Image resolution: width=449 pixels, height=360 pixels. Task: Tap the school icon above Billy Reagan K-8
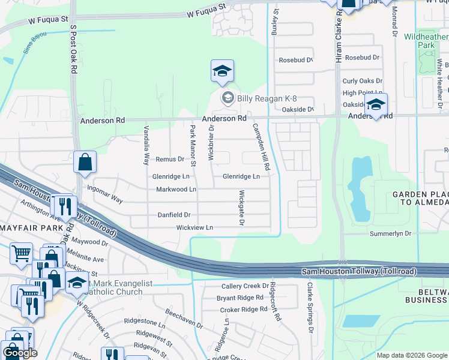[x=222, y=72]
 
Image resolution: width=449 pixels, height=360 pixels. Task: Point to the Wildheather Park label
[x=427, y=41]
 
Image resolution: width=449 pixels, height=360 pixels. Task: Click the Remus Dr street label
[x=170, y=159]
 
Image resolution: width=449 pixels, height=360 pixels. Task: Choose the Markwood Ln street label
[x=176, y=189]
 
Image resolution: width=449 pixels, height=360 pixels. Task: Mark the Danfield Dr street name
[x=173, y=214]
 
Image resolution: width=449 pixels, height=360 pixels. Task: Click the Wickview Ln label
[x=194, y=228]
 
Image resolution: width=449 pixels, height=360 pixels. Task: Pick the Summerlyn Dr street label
[x=390, y=233]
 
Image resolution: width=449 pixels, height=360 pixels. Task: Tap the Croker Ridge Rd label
[x=244, y=309]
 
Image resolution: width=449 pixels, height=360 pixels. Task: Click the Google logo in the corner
[x=20, y=353]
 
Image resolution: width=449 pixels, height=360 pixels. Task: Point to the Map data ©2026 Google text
[x=412, y=355]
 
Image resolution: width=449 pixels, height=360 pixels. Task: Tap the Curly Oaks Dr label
[x=362, y=81]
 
